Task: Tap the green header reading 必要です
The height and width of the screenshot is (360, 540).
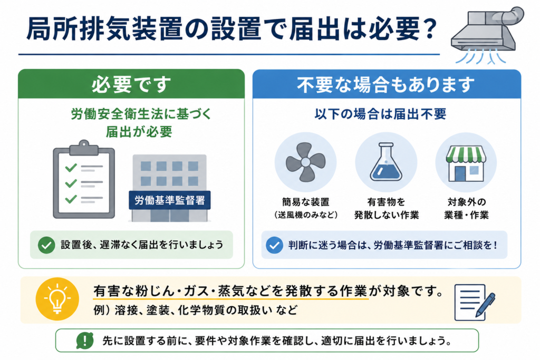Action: pos(131,84)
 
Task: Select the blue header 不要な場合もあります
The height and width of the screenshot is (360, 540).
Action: pos(387,84)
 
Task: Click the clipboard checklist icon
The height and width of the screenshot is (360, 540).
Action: pos(84,179)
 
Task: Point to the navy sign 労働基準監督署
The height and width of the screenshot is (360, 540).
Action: pos(169,200)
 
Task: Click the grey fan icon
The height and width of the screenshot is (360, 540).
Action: pos(305,162)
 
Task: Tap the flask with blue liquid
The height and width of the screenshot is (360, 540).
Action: pos(385,162)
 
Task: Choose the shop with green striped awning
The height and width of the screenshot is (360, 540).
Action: pos(466,163)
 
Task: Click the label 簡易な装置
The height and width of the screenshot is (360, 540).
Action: pos(305,202)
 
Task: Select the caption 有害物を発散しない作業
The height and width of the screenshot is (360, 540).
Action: pos(387,208)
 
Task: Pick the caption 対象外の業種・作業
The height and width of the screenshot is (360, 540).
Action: pos(466,208)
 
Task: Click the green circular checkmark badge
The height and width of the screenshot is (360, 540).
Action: pos(46,245)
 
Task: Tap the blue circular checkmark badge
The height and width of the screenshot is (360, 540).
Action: pos(274,245)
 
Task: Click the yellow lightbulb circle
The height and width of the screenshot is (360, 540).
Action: pos(57,299)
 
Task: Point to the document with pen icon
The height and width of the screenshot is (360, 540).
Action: pos(475,302)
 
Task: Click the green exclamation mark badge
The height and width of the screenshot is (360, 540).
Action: pos(85,340)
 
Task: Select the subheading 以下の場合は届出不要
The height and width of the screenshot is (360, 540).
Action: pos(381,114)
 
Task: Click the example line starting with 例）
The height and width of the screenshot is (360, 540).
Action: pos(195,310)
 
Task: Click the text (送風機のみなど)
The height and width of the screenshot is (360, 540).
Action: pos(305,215)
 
